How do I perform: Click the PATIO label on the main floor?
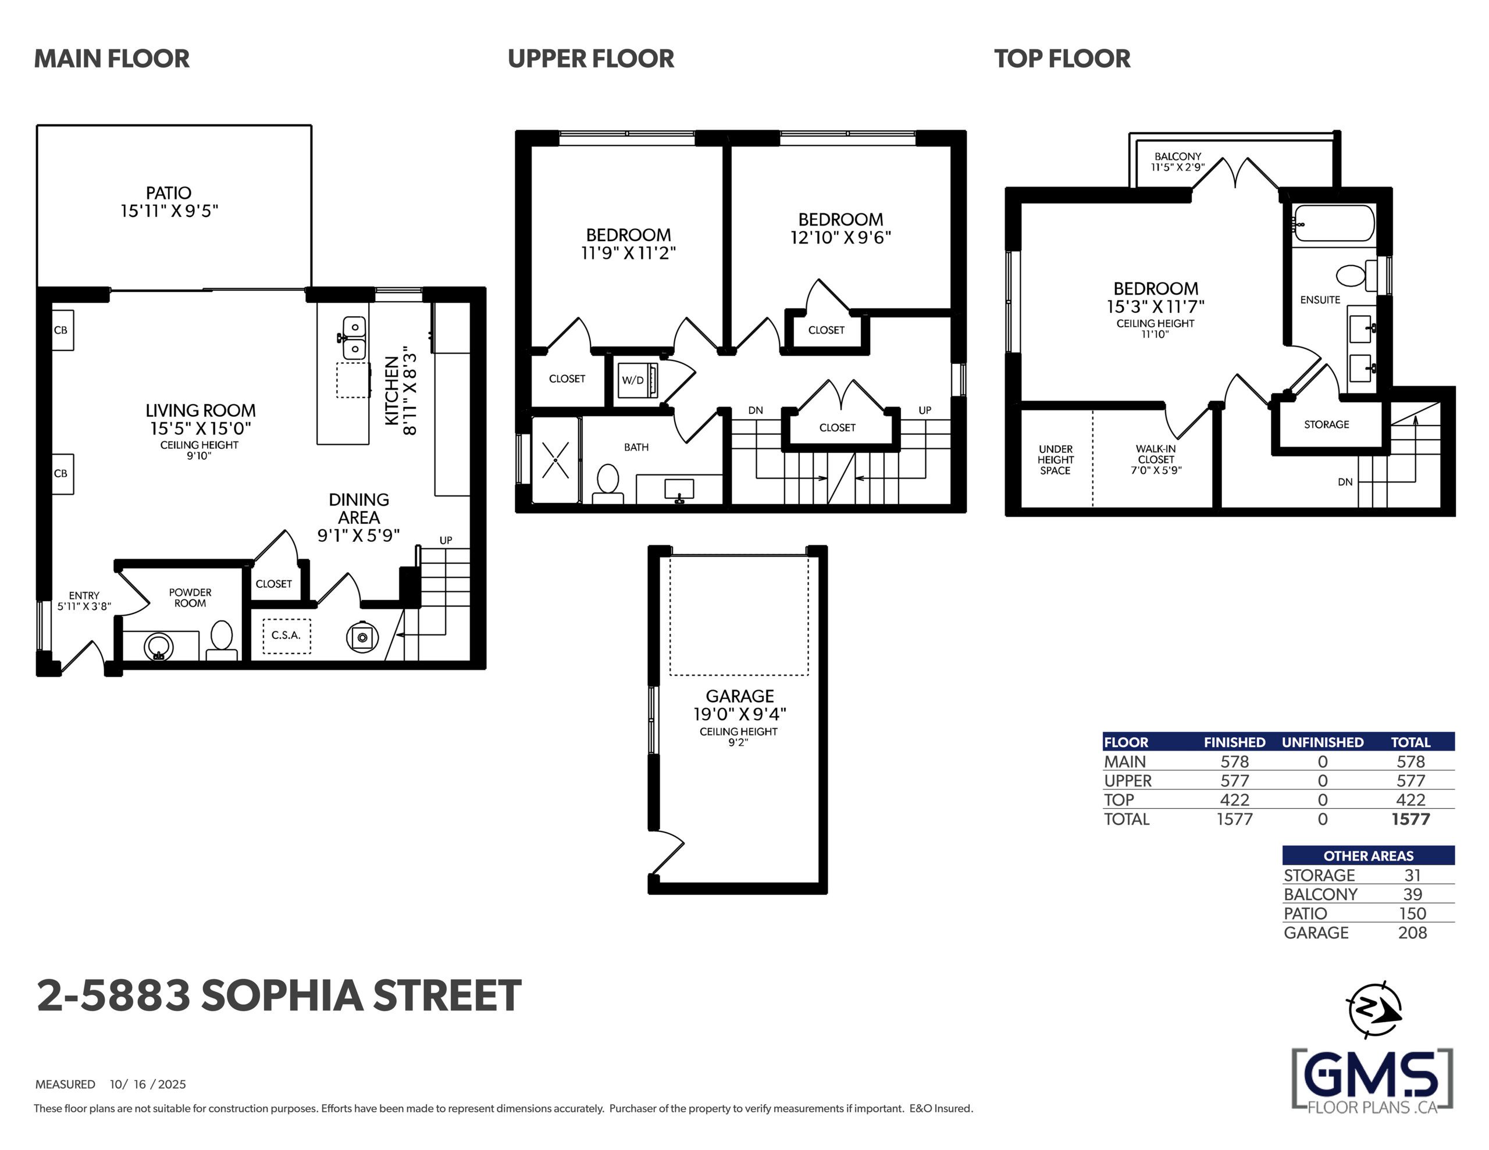tap(169, 193)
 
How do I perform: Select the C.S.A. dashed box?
tap(286, 636)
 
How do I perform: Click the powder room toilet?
tap(222, 640)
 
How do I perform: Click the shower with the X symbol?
tap(555, 460)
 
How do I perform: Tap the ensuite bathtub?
tap(1334, 223)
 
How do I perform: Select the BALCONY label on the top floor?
tap(1177, 156)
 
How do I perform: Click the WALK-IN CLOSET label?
tap(1156, 454)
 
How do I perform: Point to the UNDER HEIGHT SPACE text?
tap(1056, 459)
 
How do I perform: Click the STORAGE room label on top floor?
tap(1326, 424)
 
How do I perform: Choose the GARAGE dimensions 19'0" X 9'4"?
tap(740, 714)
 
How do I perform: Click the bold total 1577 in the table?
tap(1410, 819)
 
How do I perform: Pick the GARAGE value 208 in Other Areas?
tap(1412, 933)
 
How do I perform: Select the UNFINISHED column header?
tap(1323, 742)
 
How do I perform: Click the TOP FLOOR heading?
tap(1062, 59)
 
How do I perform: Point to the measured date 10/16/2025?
tap(148, 1084)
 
